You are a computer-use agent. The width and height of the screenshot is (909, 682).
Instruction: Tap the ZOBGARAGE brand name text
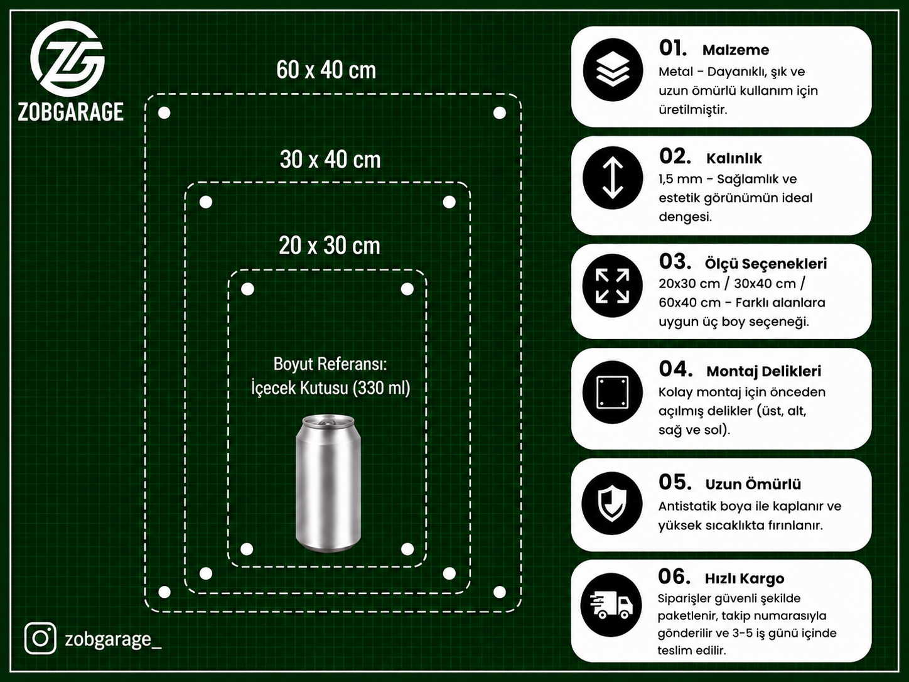click(x=71, y=112)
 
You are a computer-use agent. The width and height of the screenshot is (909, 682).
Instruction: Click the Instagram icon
click(x=40, y=638)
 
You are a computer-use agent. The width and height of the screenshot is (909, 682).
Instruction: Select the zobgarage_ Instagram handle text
click(x=113, y=639)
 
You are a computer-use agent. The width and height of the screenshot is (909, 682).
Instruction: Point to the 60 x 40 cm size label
click(x=326, y=70)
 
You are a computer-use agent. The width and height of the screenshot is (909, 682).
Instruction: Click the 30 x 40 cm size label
click(x=330, y=160)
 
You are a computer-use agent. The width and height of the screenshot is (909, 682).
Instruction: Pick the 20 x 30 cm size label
click(x=329, y=246)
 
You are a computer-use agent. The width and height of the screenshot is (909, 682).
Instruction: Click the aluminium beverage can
click(x=328, y=483)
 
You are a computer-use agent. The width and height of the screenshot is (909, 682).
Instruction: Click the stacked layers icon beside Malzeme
click(x=613, y=70)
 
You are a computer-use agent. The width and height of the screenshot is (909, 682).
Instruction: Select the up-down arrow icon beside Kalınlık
click(x=613, y=178)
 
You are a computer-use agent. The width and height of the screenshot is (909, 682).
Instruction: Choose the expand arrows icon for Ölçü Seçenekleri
click(x=613, y=286)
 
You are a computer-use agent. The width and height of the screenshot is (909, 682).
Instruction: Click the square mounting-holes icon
click(x=613, y=392)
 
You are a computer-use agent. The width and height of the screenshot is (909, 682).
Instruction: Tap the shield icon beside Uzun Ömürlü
click(x=612, y=504)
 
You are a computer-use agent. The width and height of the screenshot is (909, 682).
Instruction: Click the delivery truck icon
click(x=611, y=605)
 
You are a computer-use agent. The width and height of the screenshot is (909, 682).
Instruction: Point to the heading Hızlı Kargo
click(x=745, y=578)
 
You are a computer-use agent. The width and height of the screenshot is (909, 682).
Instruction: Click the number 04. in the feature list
click(x=675, y=369)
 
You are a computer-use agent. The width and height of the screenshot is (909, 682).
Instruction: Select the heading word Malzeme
click(x=736, y=50)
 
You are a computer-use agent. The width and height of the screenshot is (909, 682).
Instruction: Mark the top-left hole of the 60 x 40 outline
click(x=164, y=112)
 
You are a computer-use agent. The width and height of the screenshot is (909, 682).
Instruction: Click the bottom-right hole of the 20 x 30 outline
click(x=407, y=549)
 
